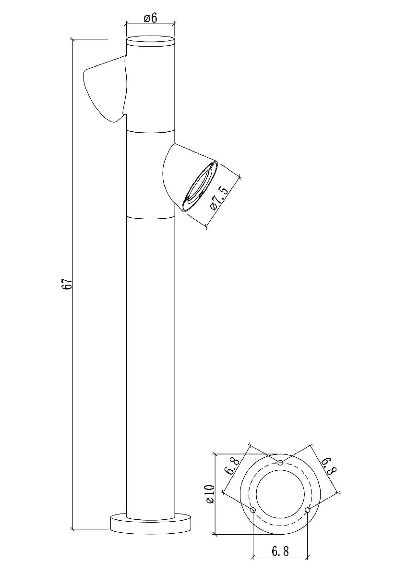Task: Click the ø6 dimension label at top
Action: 150,18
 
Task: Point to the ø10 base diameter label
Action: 209,494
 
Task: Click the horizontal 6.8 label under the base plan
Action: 280,551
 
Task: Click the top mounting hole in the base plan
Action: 281,463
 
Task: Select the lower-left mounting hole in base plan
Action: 253,510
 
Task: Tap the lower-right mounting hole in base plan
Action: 308,510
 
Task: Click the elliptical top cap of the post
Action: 150,40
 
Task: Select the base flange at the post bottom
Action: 151,523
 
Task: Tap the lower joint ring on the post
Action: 150,217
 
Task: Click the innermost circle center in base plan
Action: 280,494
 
